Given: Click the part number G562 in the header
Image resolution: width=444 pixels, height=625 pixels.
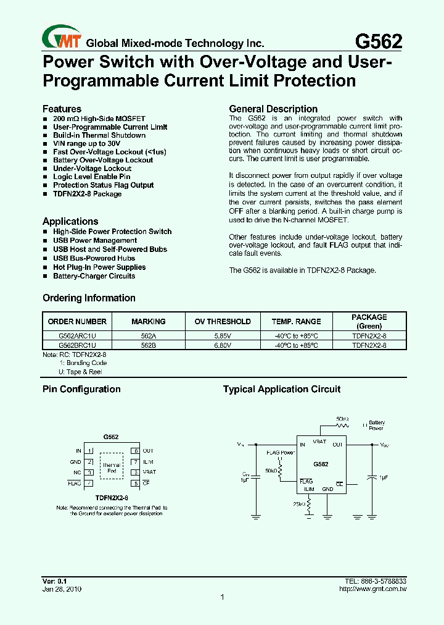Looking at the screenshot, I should coord(379,41).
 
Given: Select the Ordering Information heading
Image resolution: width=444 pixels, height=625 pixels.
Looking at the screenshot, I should coord(89,298).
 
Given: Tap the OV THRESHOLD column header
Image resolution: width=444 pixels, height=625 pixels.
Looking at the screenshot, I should coord(223,321).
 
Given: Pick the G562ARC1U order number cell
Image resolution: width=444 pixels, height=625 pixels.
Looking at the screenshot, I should coord(77,335).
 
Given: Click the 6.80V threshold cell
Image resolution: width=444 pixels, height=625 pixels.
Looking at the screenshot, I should coord(223,345).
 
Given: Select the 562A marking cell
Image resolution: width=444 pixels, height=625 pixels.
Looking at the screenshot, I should coord(149,335).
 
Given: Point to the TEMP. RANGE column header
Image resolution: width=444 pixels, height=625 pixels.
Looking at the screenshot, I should coord(296,321).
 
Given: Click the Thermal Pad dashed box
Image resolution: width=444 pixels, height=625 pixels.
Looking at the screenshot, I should coord(112,468).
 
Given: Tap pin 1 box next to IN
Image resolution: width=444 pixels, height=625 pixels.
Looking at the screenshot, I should coord(89,451).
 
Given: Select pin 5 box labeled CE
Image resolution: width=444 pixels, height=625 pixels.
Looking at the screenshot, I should coord(135,482).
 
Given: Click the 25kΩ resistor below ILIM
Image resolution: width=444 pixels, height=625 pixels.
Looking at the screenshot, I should coord(309,505).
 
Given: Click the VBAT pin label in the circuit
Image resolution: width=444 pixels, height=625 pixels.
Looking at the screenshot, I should coord(319,442).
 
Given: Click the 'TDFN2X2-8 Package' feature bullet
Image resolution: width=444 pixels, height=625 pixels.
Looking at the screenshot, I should coord(87,194).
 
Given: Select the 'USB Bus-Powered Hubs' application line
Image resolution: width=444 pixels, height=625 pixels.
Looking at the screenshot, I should coord(94,258).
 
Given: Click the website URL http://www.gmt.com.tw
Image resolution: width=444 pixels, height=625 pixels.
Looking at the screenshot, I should coord(372,589).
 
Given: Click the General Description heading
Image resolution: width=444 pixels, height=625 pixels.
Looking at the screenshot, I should coord(273,109).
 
